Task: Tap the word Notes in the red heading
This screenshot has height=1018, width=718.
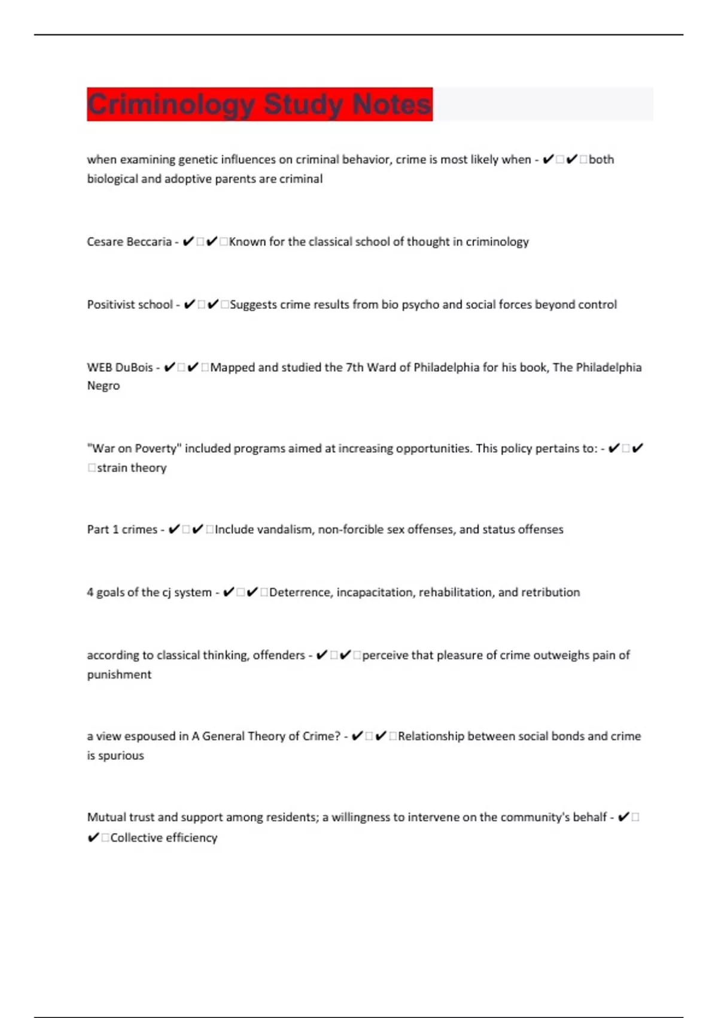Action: [391, 104]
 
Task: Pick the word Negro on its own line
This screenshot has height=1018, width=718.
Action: [104, 386]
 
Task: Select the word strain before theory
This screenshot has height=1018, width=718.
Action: [111, 468]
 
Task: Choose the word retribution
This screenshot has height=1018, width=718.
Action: [550, 592]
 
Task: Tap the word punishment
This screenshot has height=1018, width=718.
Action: [119, 675]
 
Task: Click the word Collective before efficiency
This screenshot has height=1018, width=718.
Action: [136, 838]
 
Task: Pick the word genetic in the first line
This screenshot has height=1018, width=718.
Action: [198, 160]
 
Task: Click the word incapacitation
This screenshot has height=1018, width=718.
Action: [375, 592]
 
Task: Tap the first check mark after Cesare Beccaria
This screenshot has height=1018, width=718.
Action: [188, 242]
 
